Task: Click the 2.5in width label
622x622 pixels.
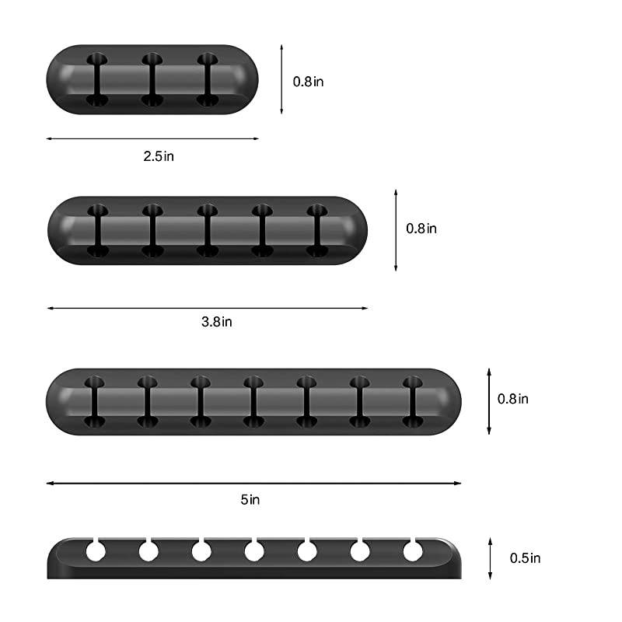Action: pos(159,155)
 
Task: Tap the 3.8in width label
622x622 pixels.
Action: pos(217,321)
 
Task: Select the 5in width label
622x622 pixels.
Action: pos(250,499)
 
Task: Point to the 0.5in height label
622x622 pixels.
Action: pos(525,557)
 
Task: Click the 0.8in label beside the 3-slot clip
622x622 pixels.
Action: pos(308,81)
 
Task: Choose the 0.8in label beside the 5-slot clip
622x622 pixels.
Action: pos(421,229)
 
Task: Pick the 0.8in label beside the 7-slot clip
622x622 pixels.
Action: pos(513,398)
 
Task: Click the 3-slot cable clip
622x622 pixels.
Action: pos(152,79)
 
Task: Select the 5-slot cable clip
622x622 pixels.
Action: pos(207,230)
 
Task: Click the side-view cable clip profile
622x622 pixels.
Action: pos(253,558)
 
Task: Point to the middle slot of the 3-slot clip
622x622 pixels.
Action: pos(152,79)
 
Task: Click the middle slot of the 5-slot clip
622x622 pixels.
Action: pos(207,230)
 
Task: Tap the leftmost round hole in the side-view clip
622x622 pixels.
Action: pos(95,551)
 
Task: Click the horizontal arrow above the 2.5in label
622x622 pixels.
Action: pos(152,139)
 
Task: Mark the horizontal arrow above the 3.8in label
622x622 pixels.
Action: pos(207,308)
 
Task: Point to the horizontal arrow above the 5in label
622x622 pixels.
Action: pos(253,483)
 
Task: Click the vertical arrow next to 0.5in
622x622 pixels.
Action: pos(490,557)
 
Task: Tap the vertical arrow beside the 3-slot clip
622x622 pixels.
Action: pos(281,79)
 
